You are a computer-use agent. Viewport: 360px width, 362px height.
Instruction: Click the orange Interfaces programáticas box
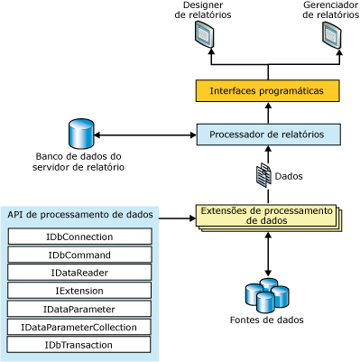pyautogui.click(x=267, y=91)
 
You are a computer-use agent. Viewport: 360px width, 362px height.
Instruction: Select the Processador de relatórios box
pyautogui.click(x=267, y=135)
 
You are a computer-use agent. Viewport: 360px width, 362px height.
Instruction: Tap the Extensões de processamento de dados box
pyautogui.click(x=267, y=216)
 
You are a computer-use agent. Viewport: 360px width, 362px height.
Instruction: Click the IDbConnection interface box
pyautogui.click(x=79, y=237)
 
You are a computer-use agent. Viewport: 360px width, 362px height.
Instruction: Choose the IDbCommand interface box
pyautogui.click(x=79, y=255)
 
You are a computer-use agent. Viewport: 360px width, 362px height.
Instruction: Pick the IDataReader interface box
pyautogui.click(x=79, y=273)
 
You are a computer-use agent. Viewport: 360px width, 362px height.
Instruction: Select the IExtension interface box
pyautogui.click(x=79, y=291)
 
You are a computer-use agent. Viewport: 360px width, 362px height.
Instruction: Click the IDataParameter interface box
pyautogui.click(x=79, y=309)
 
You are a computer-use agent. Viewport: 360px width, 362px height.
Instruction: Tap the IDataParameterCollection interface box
pyautogui.click(x=79, y=327)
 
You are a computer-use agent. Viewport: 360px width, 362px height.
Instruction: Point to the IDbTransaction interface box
pyautogui.click(x=79, y=344)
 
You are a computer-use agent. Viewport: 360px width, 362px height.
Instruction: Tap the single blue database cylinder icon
pyautogui.click(x=81, y=135)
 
